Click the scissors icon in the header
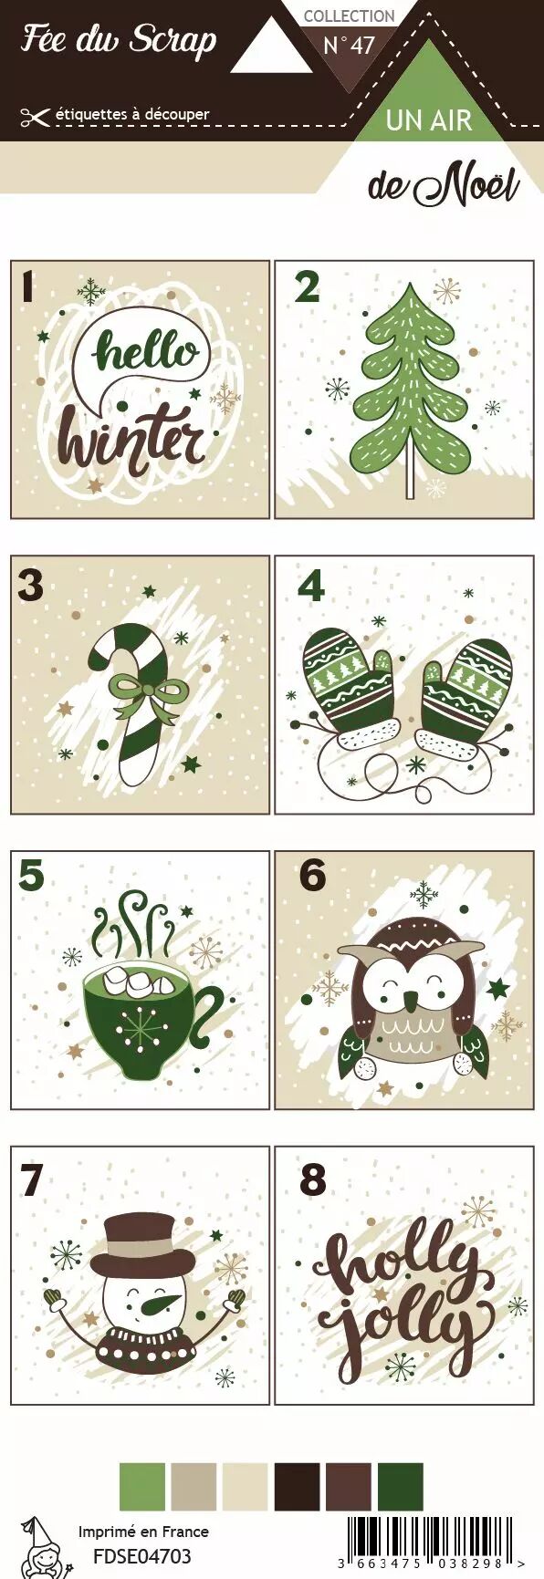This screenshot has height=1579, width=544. coord(35,116)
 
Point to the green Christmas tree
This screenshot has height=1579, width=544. coord(410,388)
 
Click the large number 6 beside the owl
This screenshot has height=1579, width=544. coord(312,876)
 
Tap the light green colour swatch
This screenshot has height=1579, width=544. coord(142,1487)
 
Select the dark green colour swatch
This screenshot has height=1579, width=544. coord(401,1487)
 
